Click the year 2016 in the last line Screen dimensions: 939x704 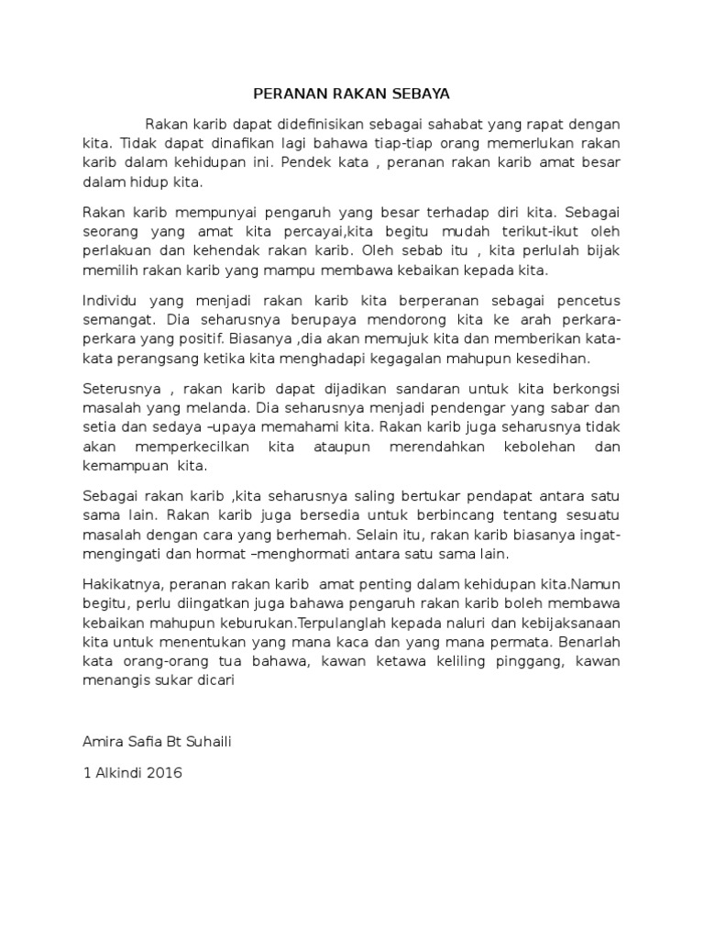[163, 773]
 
